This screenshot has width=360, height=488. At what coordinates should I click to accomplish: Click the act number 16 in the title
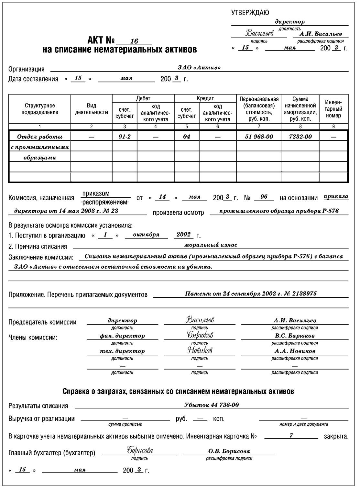click(x=134, y=41)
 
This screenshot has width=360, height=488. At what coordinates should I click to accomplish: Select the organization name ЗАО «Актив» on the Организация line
click(x=199, y=68)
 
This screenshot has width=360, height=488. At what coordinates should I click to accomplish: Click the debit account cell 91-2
click(x=125, y=137)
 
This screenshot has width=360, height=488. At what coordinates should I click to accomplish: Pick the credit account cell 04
click(x=187, y=137)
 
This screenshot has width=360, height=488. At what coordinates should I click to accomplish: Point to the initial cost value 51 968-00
click(x=259, y=137)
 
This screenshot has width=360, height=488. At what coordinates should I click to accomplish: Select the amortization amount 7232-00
click(x=300, y=137)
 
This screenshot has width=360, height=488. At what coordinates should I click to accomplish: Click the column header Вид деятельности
click(x=92, y=109)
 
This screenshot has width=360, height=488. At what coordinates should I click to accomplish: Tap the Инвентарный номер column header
click(x=333, y=109)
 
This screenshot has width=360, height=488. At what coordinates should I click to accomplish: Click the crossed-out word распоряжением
click(x=105, y=202)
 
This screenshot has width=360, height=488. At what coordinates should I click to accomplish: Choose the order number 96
click(x=264, y=197)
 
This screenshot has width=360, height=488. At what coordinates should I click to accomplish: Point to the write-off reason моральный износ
click(x=211, y=245)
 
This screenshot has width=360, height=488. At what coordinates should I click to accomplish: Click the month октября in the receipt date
click(x=146, y=235)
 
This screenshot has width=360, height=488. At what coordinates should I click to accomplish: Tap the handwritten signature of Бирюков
click(x=200, y=335)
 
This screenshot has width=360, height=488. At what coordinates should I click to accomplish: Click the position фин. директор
click(x=122, y=336)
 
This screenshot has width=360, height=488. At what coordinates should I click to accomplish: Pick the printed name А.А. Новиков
click(x=295, y=351)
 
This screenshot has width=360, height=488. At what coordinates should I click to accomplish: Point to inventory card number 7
click(x=291, y=435)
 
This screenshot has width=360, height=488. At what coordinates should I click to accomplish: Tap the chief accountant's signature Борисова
click(x=140, y=450)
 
